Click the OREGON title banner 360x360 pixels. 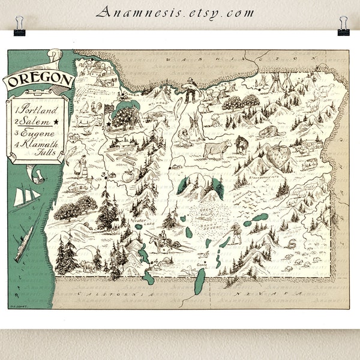pyautogui.click(x=40, y=80)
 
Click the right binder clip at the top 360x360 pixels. pyautogui.click(x=344, y=25)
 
